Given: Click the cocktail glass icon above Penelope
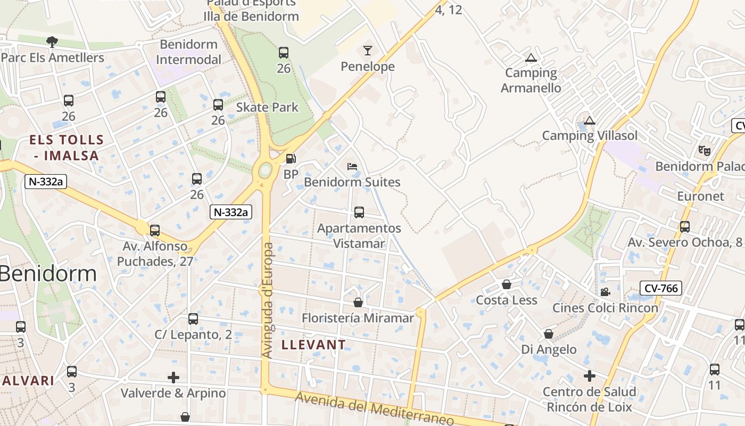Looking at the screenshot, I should pos(367,51).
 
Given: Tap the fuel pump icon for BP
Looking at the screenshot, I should pos(291,159).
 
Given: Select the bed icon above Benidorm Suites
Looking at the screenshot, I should pos(352,167).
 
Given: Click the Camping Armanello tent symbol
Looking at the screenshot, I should pos(531,58).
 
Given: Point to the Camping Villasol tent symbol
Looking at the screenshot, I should pos(589,120).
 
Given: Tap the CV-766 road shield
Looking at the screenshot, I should pos(661,289).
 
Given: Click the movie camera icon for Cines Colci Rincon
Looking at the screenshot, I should pos(605,292).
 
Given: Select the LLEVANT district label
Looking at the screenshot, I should pos(313,345).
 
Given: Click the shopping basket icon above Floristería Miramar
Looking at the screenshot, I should pos(358,302).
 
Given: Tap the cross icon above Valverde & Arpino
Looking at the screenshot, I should pos(173,378).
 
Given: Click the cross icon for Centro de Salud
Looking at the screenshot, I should pos(589,376).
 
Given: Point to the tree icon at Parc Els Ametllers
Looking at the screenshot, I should pos(52,42).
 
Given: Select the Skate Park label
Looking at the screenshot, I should pos(267,107).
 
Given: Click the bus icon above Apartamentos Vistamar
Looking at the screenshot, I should pos(359,212).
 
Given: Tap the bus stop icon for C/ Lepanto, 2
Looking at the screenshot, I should pos(193,319).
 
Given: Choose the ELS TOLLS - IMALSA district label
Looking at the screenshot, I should pos(67,148).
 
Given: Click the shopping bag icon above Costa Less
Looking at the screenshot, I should pos(507,284).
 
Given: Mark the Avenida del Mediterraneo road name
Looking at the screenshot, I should pos(375,409).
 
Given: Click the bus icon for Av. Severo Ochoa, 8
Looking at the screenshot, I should pos(685,227).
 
